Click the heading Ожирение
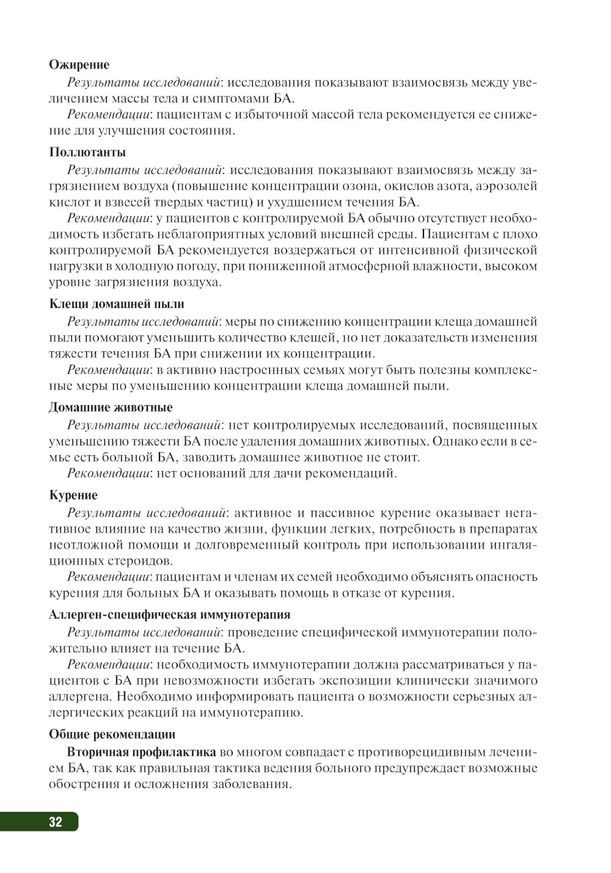pyautogui.click(x=79, y=65)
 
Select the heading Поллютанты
pyautogui.click(x=87, y=152)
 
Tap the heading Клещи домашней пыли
pyautogui.click(x=116, y=304)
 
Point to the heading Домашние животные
pyautogui.click(x=111, y=407)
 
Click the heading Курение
pyautogui.click(x=73, y=495)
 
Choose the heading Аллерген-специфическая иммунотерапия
pyautogui.click(x=169, y=615)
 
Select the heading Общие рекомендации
pyautogui.click(x=112, y=734)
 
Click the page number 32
pyautogui.click(x=55, y=822)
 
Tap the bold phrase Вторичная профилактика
pyautogui.click(x=141, y=751)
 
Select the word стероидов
pyautogui.click(x=134, y=560)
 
